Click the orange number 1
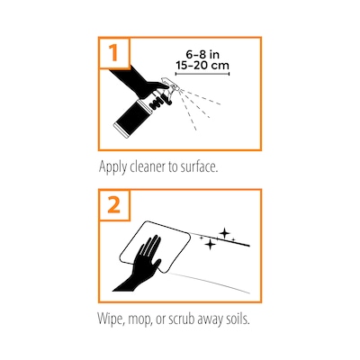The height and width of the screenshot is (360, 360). click(x=113, y=53)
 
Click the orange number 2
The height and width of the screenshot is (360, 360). click(x=113, y=205)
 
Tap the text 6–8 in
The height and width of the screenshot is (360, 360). click(x=202, y=54)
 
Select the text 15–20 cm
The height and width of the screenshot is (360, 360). click(x=202, y=65)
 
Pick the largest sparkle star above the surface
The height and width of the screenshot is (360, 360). click(x=224, y=233)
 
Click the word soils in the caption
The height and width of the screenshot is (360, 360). click(x=238, y=319)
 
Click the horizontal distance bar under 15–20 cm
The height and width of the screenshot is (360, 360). click(x=202, y=73)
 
